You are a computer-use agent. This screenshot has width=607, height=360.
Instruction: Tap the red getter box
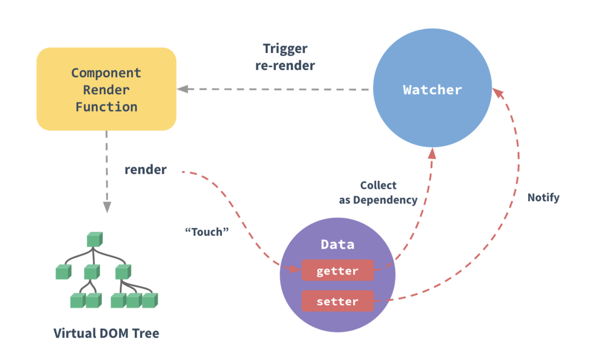tap(337, 271)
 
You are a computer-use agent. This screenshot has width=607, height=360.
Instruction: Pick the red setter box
tap(337, 301)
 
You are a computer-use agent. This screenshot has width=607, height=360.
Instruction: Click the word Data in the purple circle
tap(337, 245)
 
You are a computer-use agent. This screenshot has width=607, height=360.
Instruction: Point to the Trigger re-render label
tap(285, 57)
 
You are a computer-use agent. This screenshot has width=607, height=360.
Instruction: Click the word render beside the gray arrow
tap(145, 170)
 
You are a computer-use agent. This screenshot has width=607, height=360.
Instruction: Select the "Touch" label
tap(207, 232)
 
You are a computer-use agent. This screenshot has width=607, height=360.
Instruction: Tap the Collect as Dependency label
tap(378, 192)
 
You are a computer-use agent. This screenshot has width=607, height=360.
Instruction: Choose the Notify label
tap(543, 197)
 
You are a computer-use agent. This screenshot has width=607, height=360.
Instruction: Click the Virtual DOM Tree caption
tap(106, 333)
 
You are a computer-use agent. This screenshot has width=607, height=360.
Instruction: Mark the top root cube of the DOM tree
tap(95, 240)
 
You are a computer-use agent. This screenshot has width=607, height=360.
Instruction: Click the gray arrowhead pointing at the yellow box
tap(183, 89)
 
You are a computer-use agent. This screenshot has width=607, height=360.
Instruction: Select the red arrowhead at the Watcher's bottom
tap(432, 153)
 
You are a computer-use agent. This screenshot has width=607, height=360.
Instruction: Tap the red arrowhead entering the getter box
tap(295, 269)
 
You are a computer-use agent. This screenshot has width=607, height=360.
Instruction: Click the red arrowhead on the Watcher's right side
tap(498, 93)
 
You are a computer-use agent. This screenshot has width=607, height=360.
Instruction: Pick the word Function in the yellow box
tap(106, 107)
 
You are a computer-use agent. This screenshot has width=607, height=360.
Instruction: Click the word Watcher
tap(432, 90)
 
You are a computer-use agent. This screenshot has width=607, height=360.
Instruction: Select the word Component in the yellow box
tap(106, 73)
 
